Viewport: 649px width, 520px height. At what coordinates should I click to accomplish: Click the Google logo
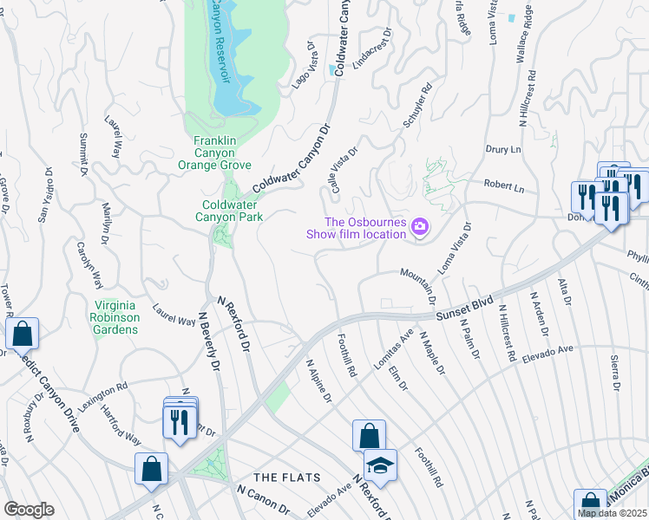(29, 510)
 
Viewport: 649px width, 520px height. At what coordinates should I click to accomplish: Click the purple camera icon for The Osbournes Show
(421, 227)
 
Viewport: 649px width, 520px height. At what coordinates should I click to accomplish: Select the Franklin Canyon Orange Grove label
(222, 153)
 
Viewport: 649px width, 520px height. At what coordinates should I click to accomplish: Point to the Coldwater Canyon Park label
(232, 211)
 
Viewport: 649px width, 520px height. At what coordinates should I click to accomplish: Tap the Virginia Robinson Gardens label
(116, 317)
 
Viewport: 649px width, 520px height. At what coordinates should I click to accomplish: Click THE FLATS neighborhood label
(286, 478)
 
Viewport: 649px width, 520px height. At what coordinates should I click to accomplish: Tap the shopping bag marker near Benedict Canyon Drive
(22, 333)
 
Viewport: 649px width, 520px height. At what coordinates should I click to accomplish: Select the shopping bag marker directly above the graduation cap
(369, 434)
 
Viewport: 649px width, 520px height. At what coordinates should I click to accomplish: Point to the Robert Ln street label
(504, 187)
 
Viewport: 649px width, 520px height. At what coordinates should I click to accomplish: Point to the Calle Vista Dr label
(341, 170)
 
